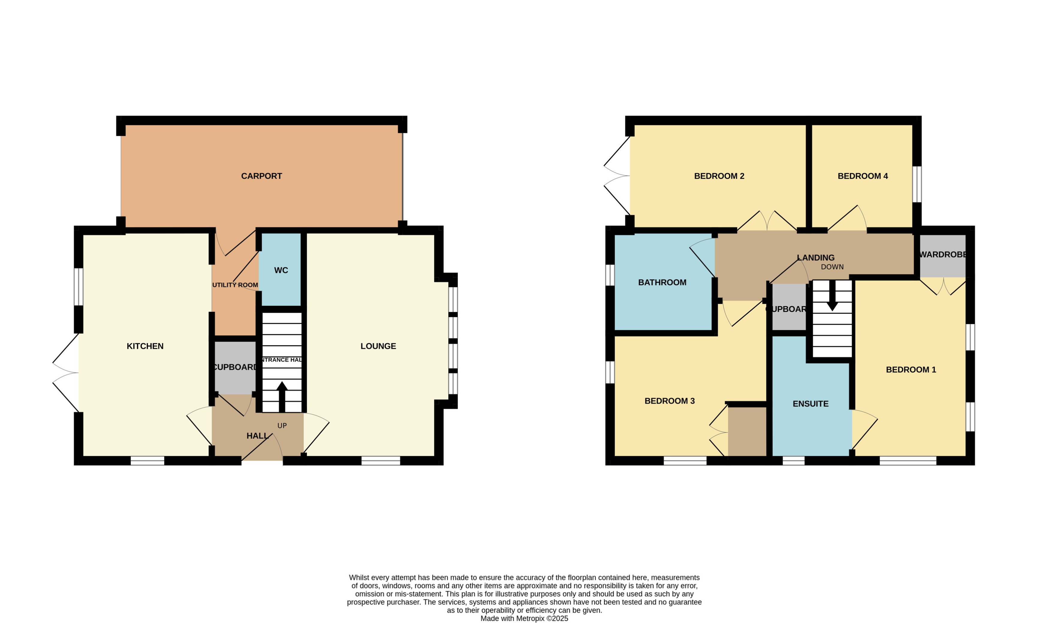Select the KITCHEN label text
(145, 346)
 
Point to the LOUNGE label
(378, 346)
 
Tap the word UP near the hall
(282, 426)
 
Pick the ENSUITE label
(810, 404)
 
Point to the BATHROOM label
(662, 282)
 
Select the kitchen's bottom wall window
(147, 461)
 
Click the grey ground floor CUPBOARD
(235, 367)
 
